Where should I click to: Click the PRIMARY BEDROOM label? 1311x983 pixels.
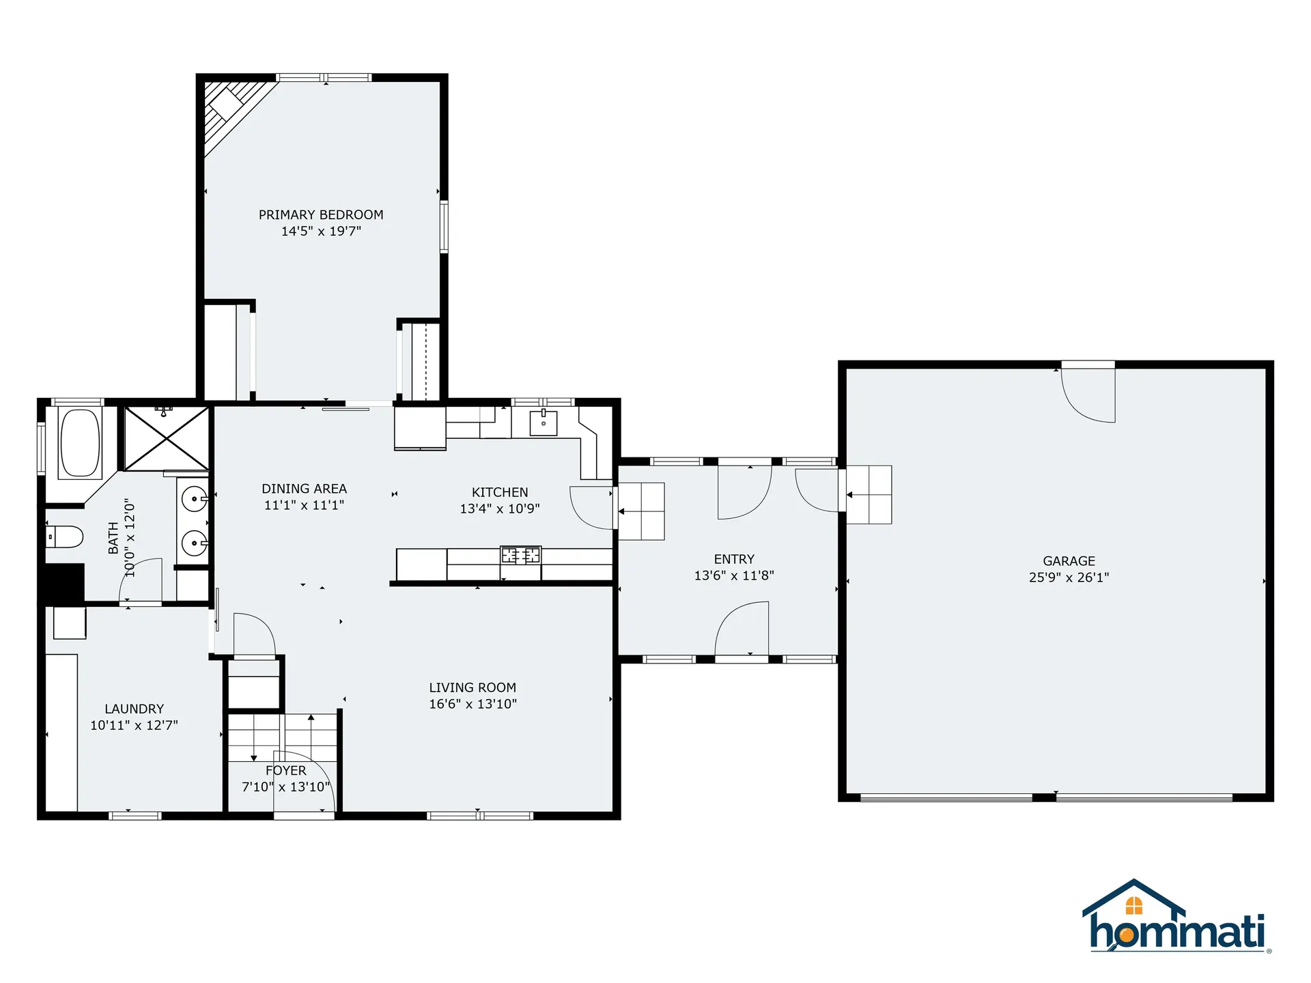click(321, 214)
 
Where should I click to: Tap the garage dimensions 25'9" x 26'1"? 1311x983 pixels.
click(1069, 578)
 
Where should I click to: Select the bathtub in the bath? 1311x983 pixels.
click(80, 442)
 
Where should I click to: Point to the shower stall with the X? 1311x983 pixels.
click(167, 438)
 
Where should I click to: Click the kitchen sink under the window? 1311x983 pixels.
click(544, 423)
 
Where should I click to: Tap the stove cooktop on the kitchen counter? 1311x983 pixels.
click(520, 555)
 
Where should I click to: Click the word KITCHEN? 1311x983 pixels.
click(500, 492)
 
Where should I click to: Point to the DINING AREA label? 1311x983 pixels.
click(304, 489)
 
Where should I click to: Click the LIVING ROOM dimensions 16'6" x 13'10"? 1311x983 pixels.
click(473, 704)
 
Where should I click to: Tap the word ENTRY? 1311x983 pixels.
click(734, 559)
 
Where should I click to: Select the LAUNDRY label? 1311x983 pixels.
click(135, 709)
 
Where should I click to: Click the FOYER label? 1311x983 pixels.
click(285, 771)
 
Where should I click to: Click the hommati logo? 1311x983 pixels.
click(1176, 918)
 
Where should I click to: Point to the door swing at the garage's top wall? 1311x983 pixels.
click(1089, 396)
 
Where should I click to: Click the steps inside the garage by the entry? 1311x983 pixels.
click(869, 494)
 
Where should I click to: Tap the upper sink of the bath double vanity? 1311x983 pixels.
click(195, 499)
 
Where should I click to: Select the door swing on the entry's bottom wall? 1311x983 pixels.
click(742, 629)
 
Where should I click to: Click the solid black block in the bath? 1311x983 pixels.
click(64, 582)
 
